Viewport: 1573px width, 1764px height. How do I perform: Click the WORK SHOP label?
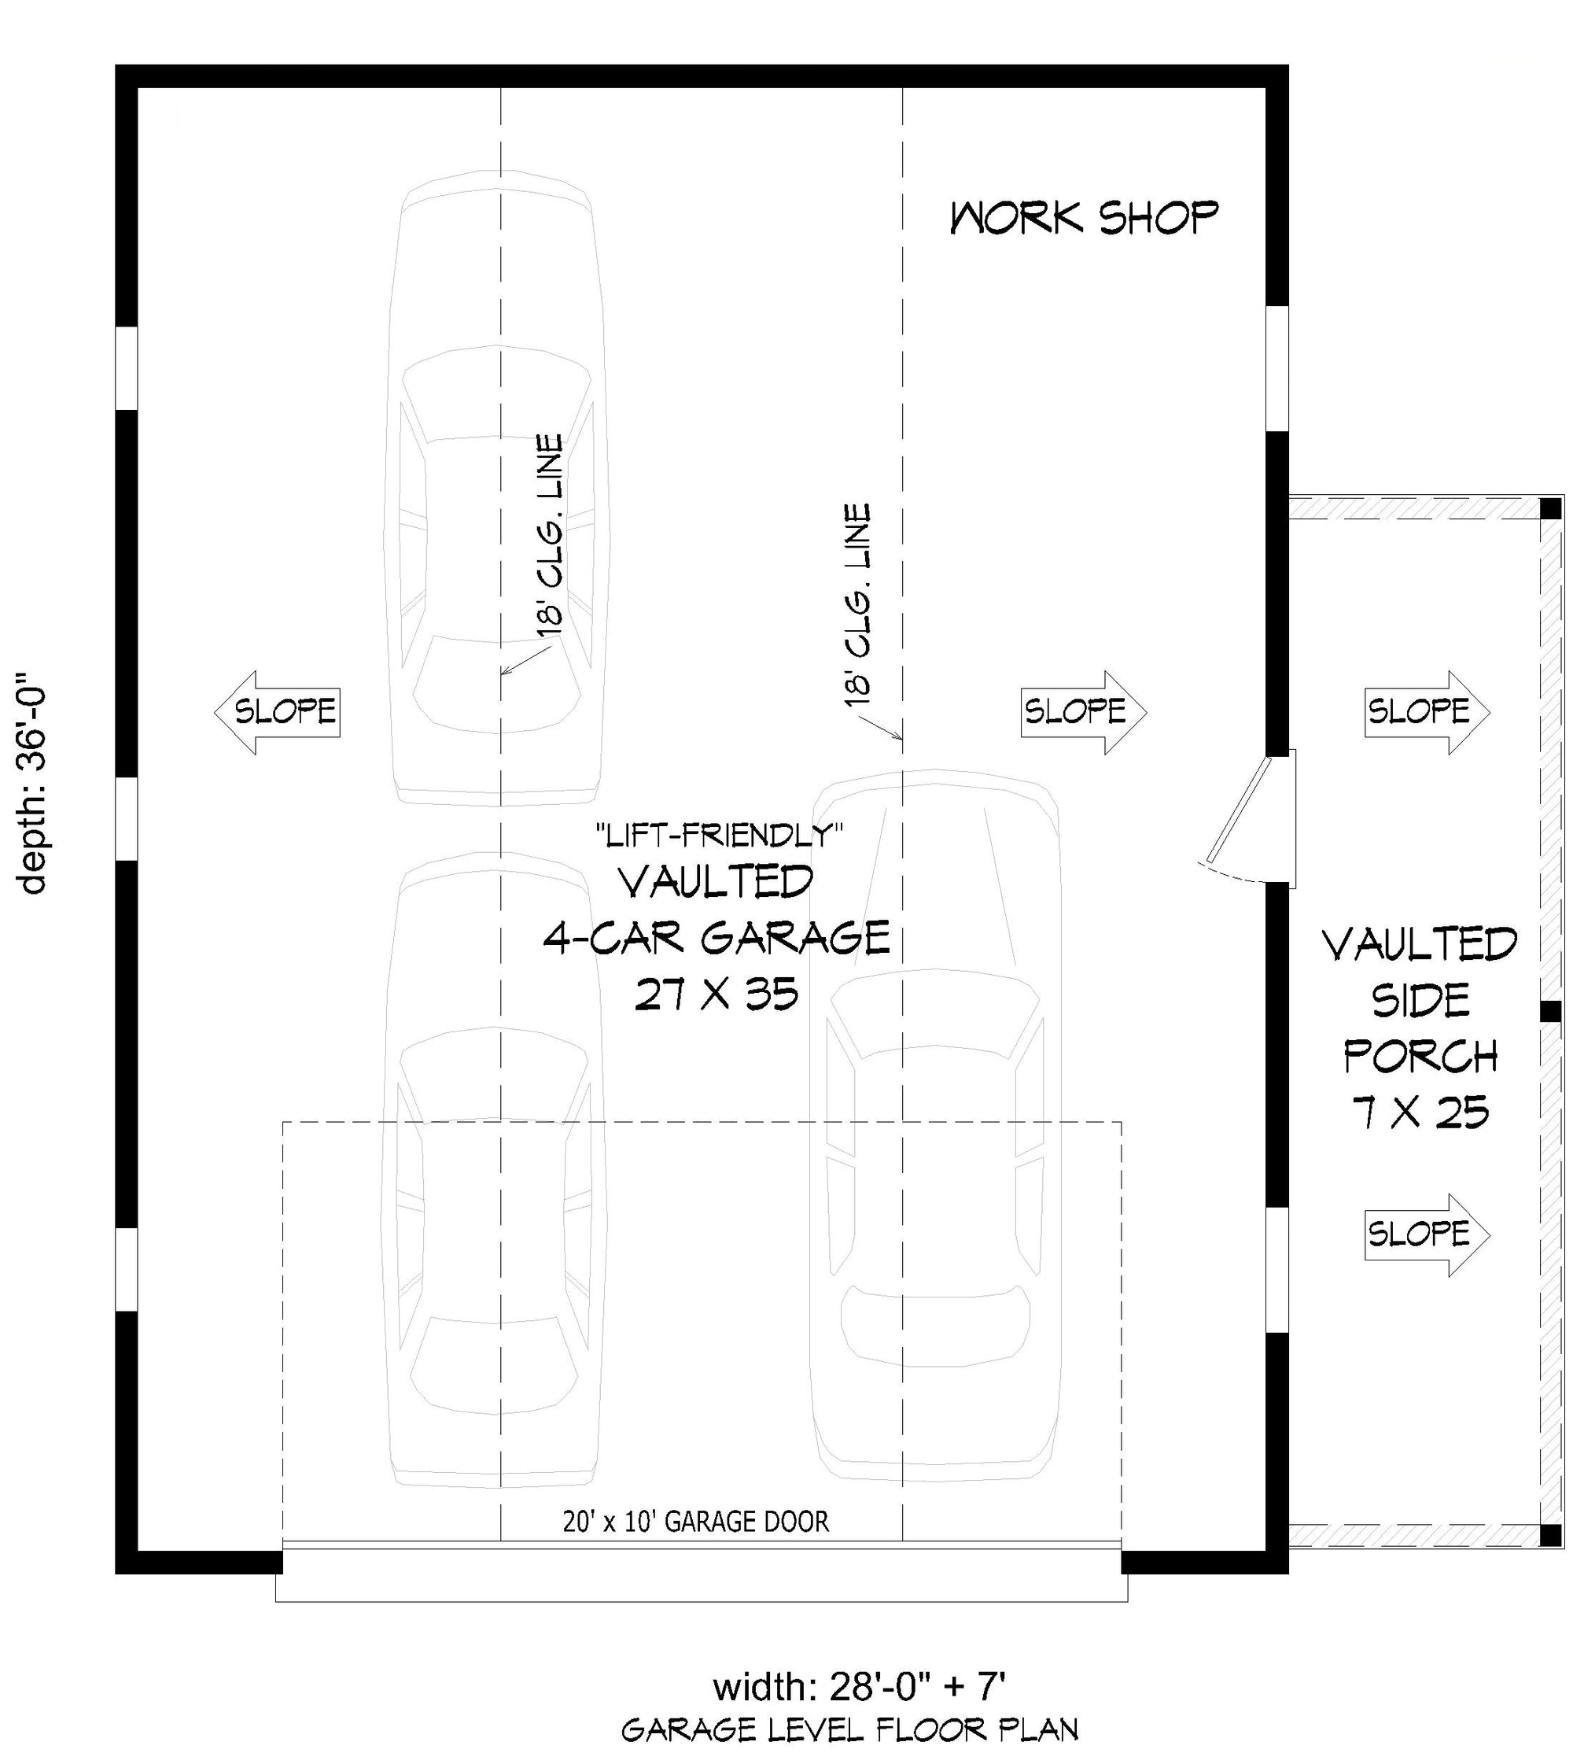tap(1084, 218)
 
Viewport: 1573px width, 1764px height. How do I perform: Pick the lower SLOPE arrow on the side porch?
tap(1426, 1234)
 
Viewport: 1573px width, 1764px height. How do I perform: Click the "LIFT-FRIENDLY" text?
tap(719, 836)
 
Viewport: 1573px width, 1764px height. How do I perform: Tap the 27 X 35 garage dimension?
tap(717, 995)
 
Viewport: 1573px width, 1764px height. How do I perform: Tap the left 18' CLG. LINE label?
tap(550, 536)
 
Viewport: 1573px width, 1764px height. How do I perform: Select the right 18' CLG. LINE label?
tap(858, 605)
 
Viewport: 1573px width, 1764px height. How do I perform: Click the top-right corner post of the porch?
tap(1553, 507)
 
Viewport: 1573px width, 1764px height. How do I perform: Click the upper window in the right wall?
tap(1277, 367)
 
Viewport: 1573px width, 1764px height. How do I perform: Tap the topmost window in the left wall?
tap(126, 368)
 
